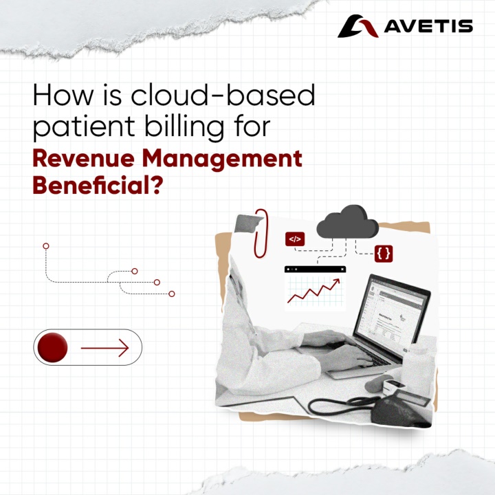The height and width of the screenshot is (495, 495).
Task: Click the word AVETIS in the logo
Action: coord(428,26)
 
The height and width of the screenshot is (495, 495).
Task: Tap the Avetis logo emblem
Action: coord(357,26)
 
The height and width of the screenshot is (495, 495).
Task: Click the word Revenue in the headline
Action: coord(83,159)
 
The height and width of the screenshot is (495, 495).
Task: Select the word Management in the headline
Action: coord(222,159)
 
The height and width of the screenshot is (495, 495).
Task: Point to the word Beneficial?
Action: coord(98,185)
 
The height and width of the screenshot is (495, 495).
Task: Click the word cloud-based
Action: coord(223,95)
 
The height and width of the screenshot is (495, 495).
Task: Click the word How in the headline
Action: coord(63,95)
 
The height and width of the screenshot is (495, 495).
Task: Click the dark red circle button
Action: coord(52,347)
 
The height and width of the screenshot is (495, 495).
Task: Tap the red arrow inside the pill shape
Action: coord(104,348)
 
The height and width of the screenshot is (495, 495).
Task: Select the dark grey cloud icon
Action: coord(347,222)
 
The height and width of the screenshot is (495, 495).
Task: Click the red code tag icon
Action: coord(295,239)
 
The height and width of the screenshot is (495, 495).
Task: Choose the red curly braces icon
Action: coord(384,254)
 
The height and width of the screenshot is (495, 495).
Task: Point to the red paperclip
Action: coord(261,233)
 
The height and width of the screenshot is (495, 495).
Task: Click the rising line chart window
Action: coord(315,288)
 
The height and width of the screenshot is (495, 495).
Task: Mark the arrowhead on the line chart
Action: coord(336,282)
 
